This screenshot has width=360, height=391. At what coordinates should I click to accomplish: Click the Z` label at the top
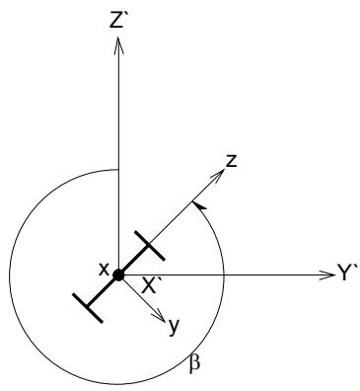[x=117, y=22]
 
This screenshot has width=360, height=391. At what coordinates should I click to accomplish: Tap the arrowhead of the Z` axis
[x=118, y=44]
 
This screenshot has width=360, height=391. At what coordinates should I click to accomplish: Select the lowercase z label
[x=232, y=161]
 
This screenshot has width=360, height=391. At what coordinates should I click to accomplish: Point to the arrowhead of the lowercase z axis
[x=218, y=175]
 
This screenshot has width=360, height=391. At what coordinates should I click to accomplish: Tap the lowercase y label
[x=175, y=327]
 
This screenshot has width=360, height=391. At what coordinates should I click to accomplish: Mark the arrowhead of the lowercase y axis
[x=159, y=316]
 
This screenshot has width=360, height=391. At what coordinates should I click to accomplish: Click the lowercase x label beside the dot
[x=104, y=270]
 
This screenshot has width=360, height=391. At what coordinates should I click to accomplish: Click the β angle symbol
[x=195, y=365]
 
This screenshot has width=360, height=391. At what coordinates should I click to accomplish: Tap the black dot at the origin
[x=118, y=274]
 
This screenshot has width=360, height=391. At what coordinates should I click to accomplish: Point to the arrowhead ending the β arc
[x=198, y=205]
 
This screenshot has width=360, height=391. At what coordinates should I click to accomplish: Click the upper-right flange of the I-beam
[x=150, y=246]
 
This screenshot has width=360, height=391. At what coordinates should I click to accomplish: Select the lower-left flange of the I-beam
[x=88, y=307]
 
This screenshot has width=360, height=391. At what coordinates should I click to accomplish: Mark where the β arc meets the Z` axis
[x=118, y=170]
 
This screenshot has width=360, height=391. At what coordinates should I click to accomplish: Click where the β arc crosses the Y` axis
[x=224, y=274]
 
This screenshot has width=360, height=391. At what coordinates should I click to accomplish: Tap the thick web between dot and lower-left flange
[x=103, y=291]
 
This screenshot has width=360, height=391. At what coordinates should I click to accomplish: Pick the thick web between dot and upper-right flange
[x=134, y=260]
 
